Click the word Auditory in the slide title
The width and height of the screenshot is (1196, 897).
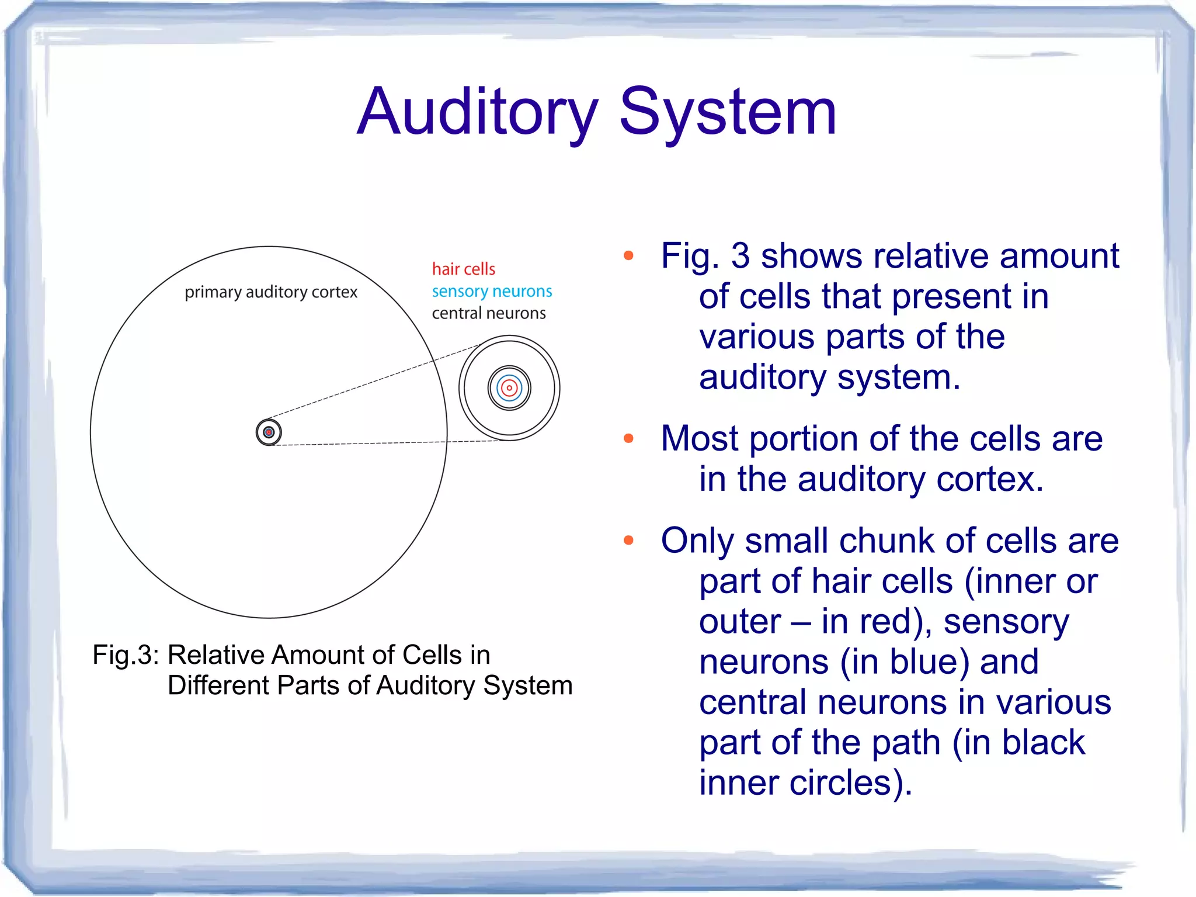478,112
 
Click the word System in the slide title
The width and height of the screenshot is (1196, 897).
728,112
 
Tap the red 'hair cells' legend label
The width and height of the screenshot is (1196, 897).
463,269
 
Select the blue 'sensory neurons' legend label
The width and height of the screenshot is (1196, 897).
492,291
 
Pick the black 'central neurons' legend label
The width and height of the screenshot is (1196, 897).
489,313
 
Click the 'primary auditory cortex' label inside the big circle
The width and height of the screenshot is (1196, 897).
271,292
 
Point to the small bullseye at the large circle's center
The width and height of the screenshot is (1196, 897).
269,432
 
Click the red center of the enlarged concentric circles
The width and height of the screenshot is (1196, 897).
509,387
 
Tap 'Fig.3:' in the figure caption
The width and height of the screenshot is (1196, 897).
126,655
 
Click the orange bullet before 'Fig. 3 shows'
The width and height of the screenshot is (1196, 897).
628,255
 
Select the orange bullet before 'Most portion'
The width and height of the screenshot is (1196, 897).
628,438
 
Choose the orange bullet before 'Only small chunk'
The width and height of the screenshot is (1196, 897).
628,540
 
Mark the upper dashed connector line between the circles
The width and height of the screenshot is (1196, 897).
374,382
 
